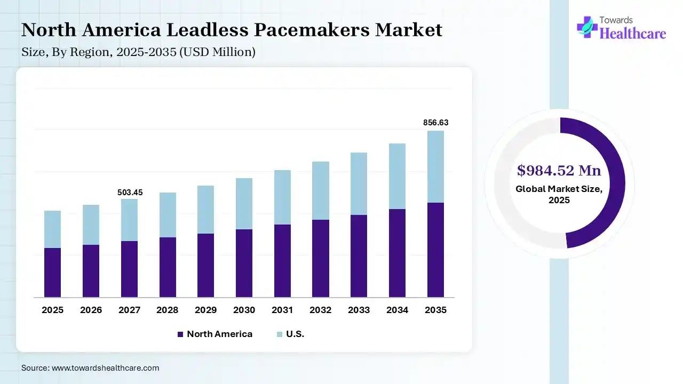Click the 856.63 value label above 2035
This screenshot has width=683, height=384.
click(435, 123)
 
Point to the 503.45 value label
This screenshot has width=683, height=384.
click(130, 193)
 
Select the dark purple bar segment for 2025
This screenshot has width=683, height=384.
click(52, 273)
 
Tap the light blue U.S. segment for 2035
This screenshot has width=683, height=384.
click(435, 166)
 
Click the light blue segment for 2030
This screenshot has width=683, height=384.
click(244, 204)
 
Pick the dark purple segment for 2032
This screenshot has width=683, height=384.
click(321, 258)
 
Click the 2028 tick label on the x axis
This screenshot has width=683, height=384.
click(168, 310)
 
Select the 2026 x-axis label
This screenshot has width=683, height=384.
click(91, 310)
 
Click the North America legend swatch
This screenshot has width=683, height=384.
click(180, 334)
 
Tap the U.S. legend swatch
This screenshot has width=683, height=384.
click(279, 334)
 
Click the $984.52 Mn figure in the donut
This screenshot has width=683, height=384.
click(559, 171)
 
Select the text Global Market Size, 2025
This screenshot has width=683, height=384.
click(559, 195)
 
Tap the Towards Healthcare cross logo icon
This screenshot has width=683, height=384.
click(587, 27)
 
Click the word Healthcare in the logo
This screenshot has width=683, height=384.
click(633, 34)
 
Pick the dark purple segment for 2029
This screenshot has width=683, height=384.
click(205, 265)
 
